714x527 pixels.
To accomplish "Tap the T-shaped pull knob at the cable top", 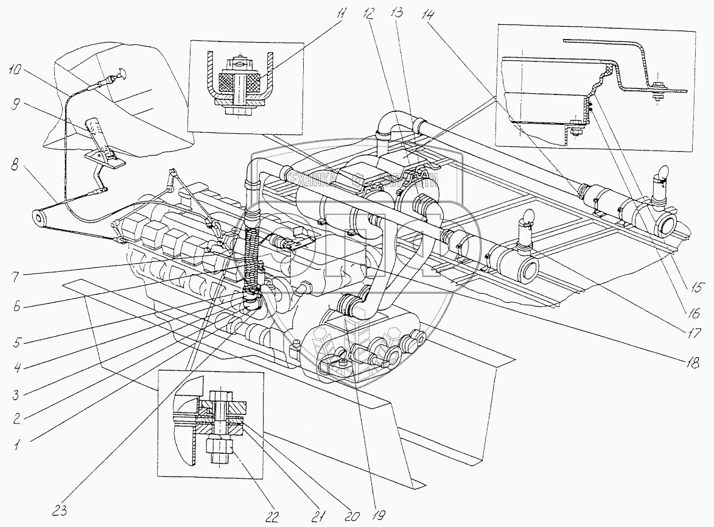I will pyautogui.click(x=117, y=75).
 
